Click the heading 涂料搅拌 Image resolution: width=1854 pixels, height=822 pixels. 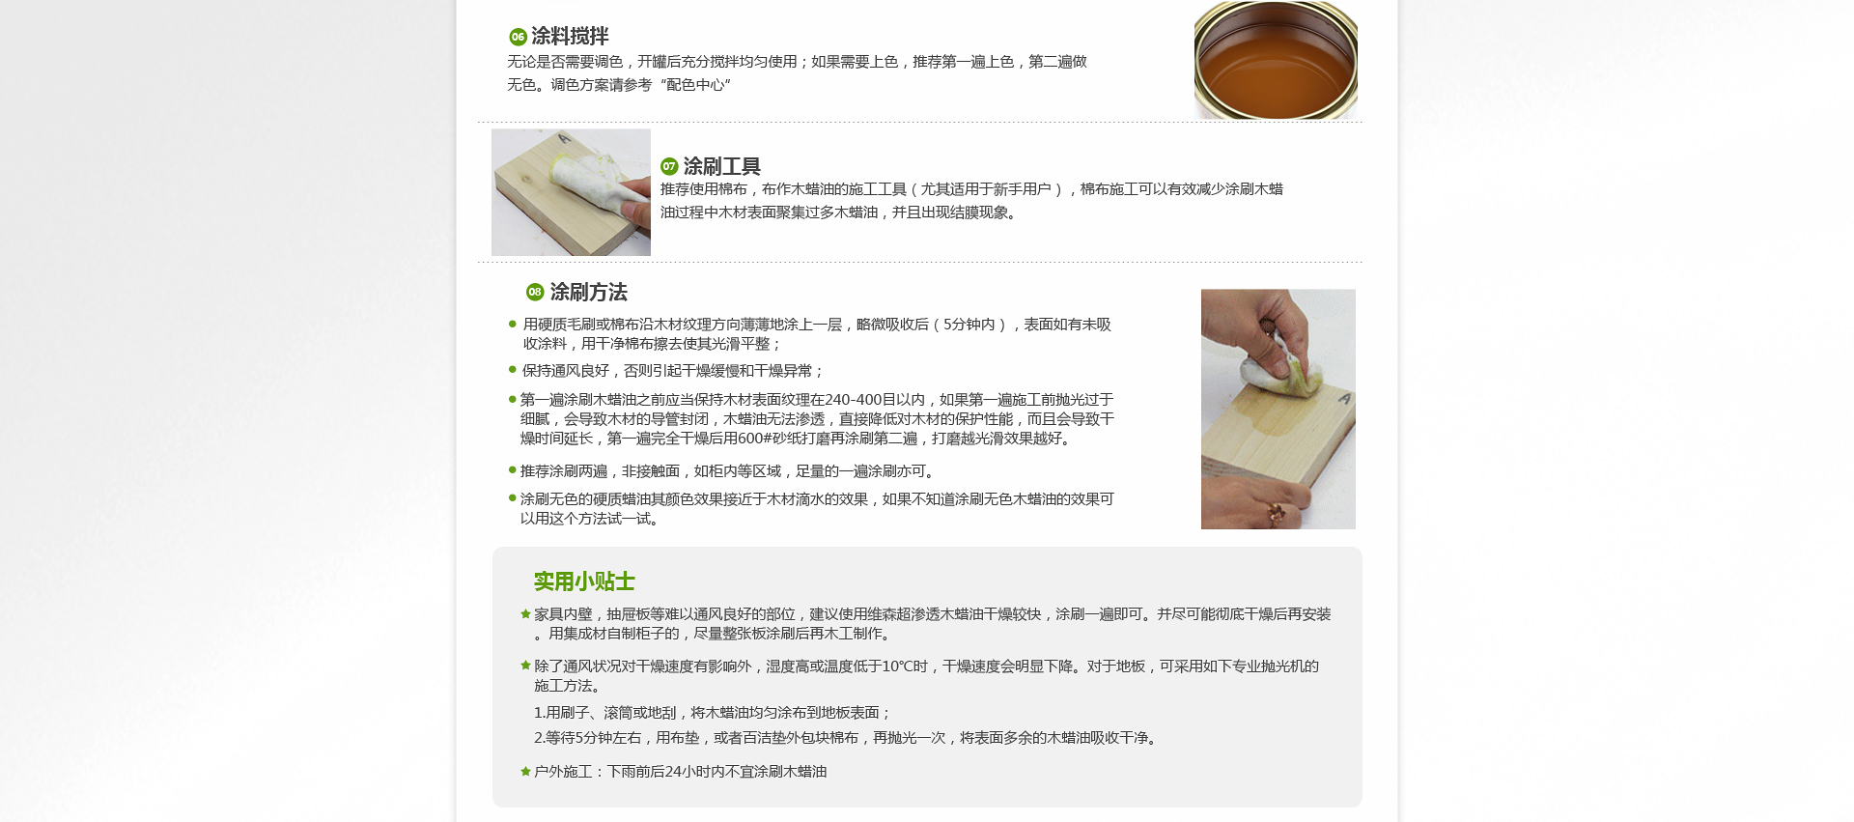570,37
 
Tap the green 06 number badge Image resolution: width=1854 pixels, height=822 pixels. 518,37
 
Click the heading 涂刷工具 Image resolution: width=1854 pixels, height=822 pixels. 721,166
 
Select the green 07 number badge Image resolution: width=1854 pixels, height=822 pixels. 669,166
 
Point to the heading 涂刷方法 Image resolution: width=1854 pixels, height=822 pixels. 588,292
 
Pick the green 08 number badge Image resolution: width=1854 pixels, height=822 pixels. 535,292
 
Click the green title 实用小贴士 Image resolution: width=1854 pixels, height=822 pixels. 584,581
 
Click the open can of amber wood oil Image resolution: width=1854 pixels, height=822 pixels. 1276,60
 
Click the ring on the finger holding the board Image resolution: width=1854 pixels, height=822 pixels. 1276,513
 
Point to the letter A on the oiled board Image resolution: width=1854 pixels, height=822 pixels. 1344,398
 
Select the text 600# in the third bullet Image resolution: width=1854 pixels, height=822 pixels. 753,439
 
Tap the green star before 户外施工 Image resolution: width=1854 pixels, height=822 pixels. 525,771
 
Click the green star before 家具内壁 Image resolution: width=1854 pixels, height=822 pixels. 525,613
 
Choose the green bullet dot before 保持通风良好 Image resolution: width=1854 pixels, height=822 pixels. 513,370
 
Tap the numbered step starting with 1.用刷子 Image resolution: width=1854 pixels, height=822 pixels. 713,713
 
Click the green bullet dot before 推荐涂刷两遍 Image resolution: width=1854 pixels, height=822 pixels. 513,470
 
